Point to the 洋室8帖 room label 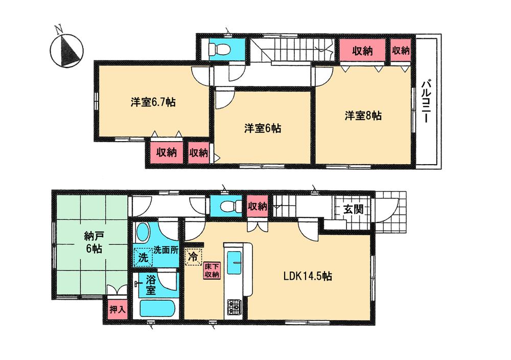point(362,116)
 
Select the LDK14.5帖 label point(308,277)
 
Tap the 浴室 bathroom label point(150,285)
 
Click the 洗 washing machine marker point(143,257)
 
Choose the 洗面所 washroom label point(166,252)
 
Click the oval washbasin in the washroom point(143,233)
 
